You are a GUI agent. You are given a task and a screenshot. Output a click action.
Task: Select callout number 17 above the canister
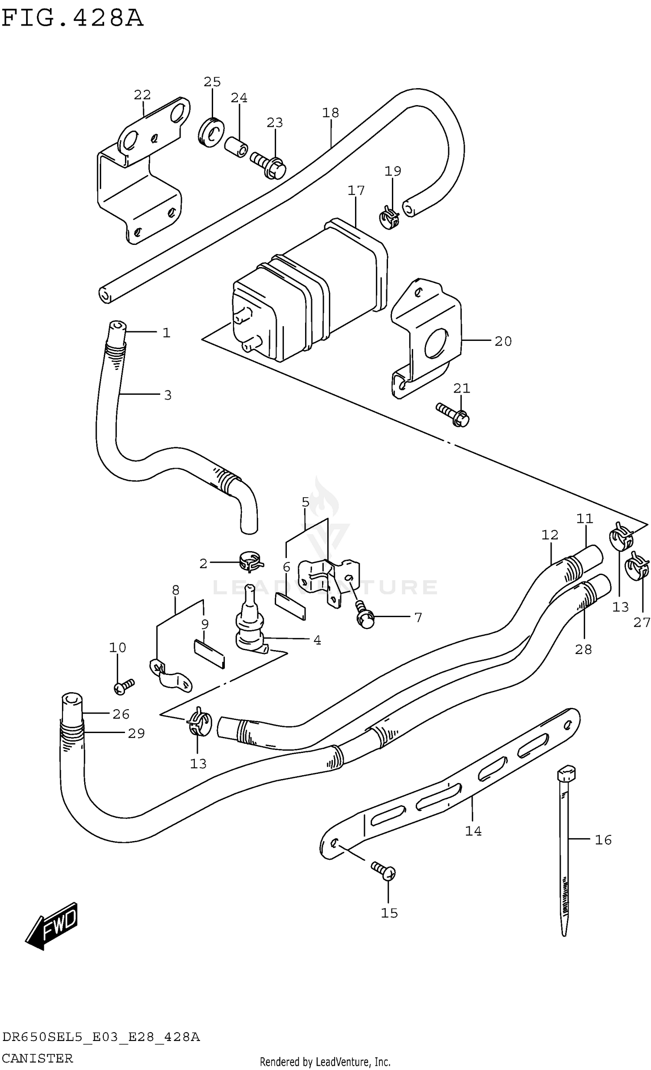click(x=356, y=190)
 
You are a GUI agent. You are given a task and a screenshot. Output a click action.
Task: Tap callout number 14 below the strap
click(x=473, y=831)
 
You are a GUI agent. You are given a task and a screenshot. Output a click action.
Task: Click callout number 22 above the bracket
click(x=142, y=95)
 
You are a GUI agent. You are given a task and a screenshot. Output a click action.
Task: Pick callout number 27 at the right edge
click(x=641, y=622)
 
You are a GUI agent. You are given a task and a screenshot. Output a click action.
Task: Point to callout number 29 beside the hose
click(x=136, y=733)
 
